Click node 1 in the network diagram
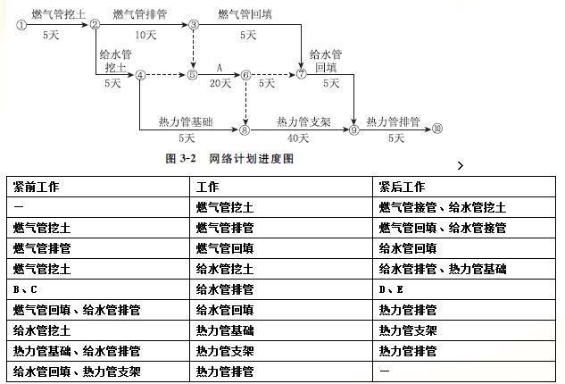tap(21, 25)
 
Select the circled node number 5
tap(193, 75)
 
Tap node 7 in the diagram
tap(301, 74)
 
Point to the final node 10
tap(437, 129)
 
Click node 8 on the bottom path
tap(245, 129)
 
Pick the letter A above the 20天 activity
tap(220, 68)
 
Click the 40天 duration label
tap(298, 138)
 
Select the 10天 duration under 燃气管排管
tap(145, 35)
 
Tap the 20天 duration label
tap(220, 83)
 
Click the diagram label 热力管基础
tap(186, 121)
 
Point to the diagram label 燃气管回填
tap(245, 14)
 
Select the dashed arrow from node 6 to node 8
tap(245, 103)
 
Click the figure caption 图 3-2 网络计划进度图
tap(229, 158)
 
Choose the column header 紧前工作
tap(36, 187)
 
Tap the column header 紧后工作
tap(403, 187)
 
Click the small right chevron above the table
tap(461, 165)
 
